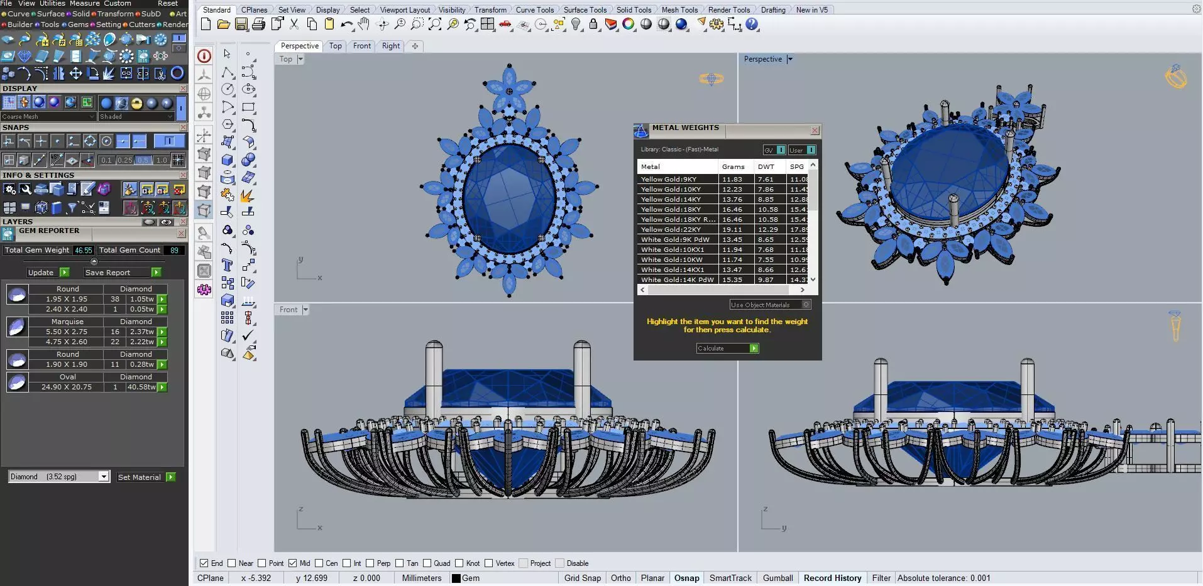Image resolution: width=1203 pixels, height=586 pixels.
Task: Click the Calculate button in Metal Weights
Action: pyautogui.click(x=727, y=349)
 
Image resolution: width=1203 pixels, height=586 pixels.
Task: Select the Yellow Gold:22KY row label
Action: pyautogui.click(x=671, y=230)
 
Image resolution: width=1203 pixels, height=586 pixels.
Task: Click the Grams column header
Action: pyautogui.click(x=733, y=167)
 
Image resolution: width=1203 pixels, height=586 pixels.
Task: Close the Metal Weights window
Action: pyautogui.click(x=815, y=131)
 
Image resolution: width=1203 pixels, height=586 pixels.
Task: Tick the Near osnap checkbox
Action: pyautogui.click(x=232, y=563)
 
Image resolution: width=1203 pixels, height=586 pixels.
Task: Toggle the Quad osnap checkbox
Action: pyautogui.click(x=427, y=563)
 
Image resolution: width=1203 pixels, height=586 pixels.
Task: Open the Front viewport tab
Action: pyautogui.click(x=362, y=46)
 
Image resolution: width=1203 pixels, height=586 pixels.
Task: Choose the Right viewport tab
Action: pyautogui.click(x=391, y=46)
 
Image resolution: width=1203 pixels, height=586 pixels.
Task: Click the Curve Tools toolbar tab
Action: pyautogui.click(x=535, y=10)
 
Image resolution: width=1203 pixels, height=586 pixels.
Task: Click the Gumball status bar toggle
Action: pyautogui.click(x=777, y=578)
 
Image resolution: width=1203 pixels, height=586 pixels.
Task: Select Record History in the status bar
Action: pyautogui.click(x=832, y=578)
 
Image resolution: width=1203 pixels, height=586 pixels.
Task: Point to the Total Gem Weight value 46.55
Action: pyautogui.click(x=83, y=251)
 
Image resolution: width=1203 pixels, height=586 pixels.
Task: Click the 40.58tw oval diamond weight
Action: pyautogui.click(x=141, y=388)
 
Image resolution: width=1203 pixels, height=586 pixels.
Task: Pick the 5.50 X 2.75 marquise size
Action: pyautogui.click(x=67, y=332)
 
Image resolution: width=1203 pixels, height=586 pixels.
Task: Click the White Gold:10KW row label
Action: pyautogui.click(x=672, y=260)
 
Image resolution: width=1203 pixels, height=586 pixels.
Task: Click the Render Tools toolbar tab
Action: pyautogui.click(x=729, y=10)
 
